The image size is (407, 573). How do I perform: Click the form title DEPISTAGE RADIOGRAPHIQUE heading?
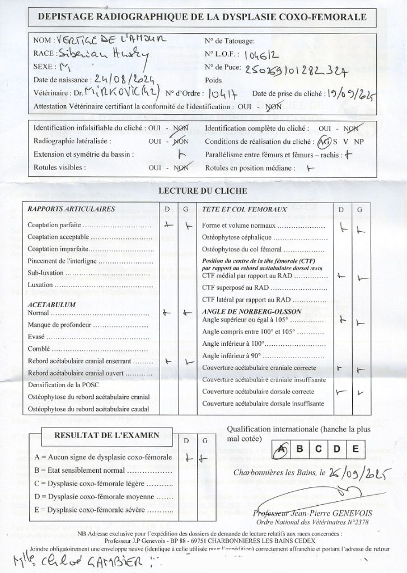pos(202,17)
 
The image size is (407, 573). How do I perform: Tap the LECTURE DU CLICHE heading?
pos(203,191)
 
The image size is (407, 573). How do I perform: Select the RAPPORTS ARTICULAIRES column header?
pos(71,209)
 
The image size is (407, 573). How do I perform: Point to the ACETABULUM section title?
pos(52,304)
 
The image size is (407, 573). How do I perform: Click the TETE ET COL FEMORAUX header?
pos(244,209)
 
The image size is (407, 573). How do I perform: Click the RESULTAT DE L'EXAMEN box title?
pos(106,435)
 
